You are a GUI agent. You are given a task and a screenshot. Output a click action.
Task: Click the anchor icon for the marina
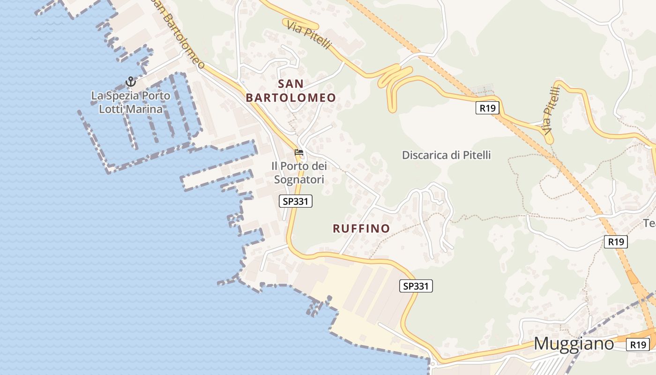(131, 82)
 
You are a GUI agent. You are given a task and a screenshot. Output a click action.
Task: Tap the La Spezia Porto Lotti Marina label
(131, 102)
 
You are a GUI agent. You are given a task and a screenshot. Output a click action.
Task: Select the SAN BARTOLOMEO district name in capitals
(291, 90)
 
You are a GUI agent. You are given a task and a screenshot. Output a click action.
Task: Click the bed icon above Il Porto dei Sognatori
(298, 152)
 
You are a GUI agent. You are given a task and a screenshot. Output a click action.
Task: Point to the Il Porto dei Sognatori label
(299, 172)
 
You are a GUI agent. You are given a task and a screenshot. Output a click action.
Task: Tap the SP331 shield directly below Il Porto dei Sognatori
(296, 202)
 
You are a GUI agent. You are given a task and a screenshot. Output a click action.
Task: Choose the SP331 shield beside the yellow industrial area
(416, 286)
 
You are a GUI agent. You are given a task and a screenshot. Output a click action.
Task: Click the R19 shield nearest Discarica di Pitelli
(488, 108)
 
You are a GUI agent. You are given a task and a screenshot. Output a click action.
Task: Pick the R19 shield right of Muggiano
(638, 345)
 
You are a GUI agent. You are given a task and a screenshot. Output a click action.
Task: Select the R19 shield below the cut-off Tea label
(616, 242)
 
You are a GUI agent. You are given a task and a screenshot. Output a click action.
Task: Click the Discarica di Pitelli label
(446, 155)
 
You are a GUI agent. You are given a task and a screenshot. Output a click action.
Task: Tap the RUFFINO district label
(361, 229)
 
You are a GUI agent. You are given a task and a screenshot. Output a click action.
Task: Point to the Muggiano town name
(574, 344)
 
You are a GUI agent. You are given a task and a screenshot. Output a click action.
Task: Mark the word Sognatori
(299, 180)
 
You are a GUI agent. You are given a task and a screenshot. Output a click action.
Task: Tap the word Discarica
(425, 155)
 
